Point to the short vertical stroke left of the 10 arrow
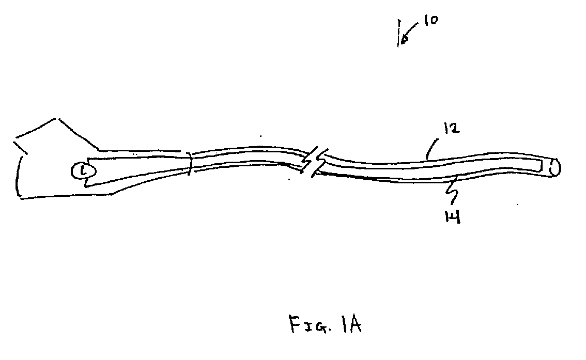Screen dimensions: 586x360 pyautogui.click(x=399, y=34)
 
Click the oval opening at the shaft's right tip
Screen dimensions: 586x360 pyautogui.click(x=556, y=168)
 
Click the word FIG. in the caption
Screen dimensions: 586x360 pyautogui.click(x=305, y=325)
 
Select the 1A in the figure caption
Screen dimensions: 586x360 pyautogui.click(x=351, y=324)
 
